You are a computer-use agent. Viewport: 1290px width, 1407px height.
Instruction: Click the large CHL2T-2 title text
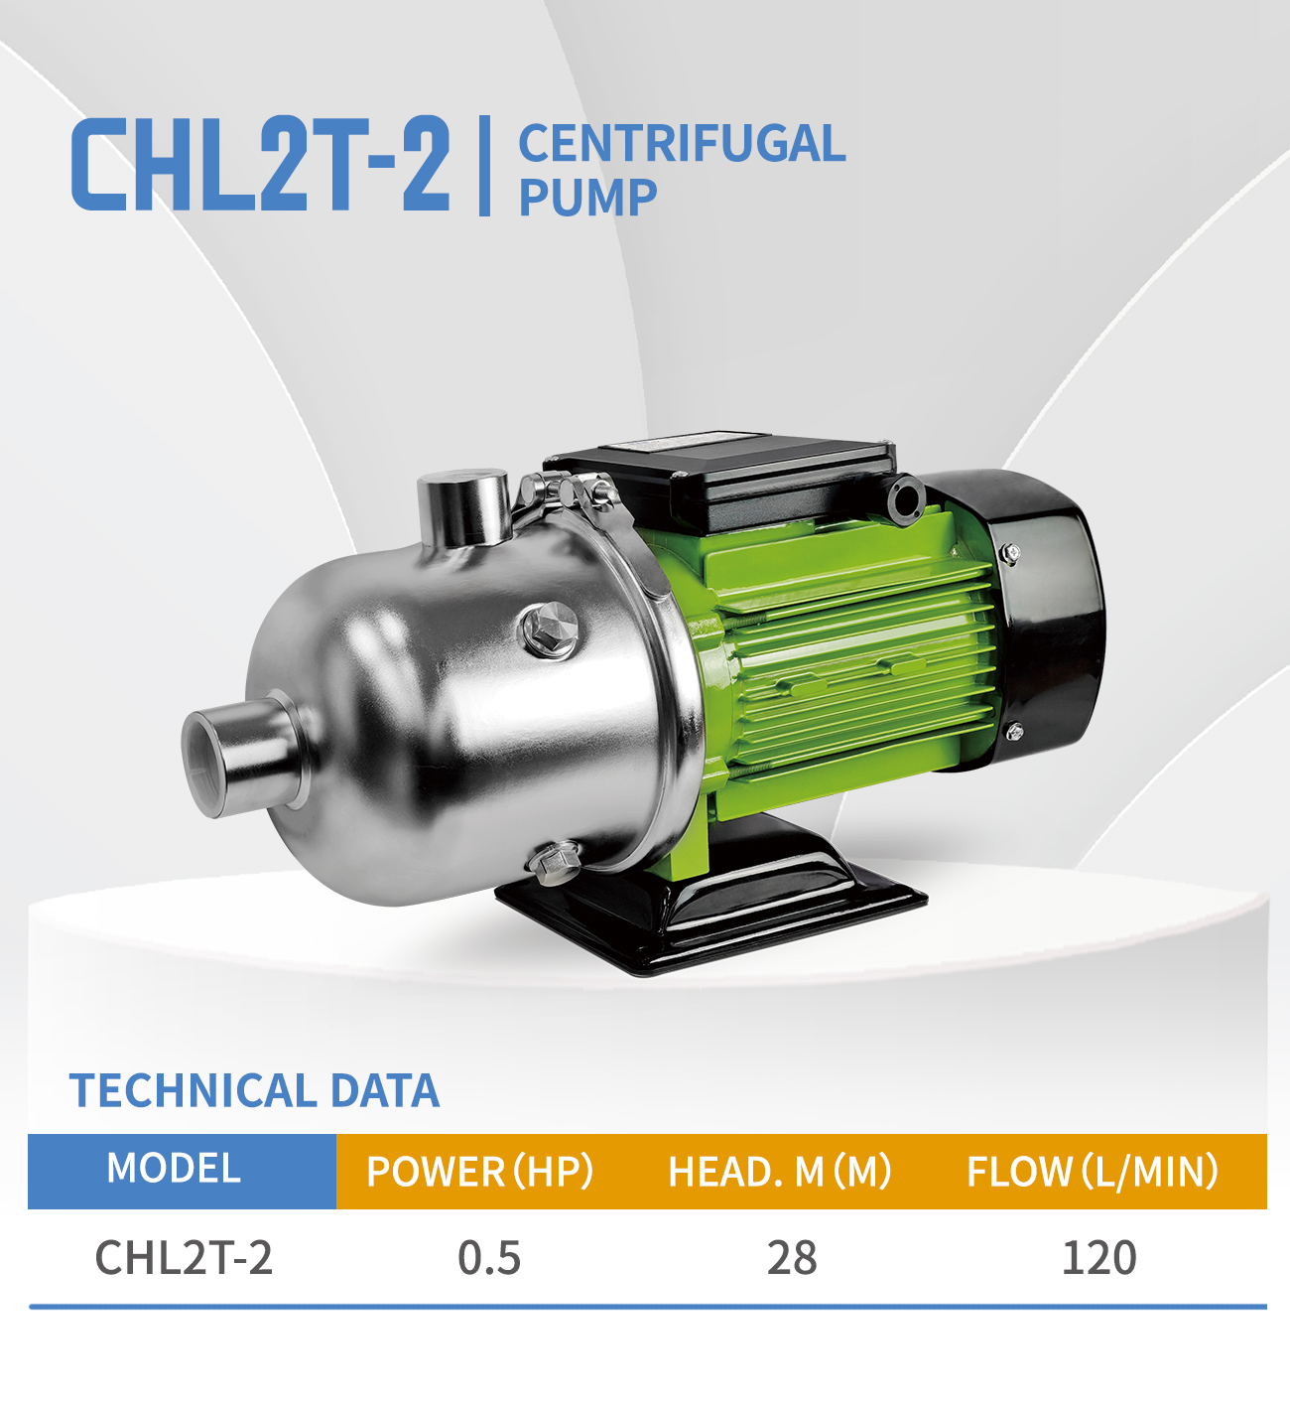coord(260,164)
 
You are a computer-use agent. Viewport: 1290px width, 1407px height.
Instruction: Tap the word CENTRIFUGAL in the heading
coord(682,144)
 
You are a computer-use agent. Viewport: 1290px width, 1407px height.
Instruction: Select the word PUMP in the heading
coord(587,198)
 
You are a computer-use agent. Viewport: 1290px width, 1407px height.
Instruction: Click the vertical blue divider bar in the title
coord(484,166)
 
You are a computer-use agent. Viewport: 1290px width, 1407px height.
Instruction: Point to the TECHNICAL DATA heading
coord(254,1091)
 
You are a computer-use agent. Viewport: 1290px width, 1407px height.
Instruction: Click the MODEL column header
coord(175,1169)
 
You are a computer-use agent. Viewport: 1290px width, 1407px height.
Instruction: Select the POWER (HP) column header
coord(479,1172)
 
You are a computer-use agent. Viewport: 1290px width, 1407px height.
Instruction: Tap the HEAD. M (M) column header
coord(780,1172)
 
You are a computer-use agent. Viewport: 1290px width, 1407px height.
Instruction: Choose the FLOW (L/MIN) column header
coord(1093,1172)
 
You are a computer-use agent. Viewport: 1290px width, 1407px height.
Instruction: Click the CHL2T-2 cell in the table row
coord(184,1258)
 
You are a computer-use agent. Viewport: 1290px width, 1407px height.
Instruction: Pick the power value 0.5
coord(489,1258)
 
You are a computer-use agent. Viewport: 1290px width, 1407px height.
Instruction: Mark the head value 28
coord(792,1258)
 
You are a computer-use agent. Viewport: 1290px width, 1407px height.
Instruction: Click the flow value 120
coord(1099,1258)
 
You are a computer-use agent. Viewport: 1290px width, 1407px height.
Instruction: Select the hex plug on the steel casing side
coord(549,630)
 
